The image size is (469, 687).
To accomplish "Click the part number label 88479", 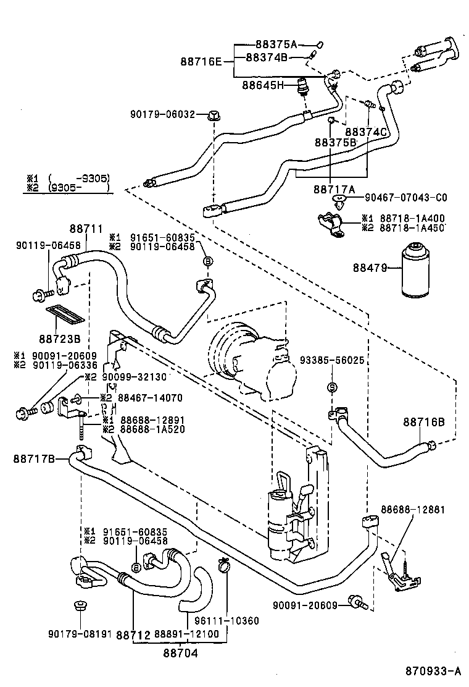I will [x=370, y=268].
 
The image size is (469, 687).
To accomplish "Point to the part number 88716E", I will [x=201, y=61].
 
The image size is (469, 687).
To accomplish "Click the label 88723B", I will [x=59, y=339].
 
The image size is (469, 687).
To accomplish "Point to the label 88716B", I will [x=425, y=422].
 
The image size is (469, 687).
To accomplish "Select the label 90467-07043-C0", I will [x=406, y=198].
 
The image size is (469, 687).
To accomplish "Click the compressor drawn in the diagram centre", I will [x=247, y=358].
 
